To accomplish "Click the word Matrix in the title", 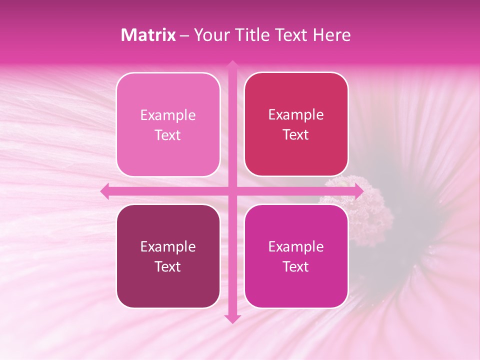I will coord(148,35).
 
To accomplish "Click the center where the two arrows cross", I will coord(232,190).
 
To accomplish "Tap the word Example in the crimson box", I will coord(296,115).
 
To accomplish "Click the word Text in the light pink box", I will coord(168,135).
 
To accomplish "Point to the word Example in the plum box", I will coord(168,246).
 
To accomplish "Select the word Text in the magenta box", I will coord(296,266).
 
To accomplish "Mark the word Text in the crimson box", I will coord(296,135).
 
